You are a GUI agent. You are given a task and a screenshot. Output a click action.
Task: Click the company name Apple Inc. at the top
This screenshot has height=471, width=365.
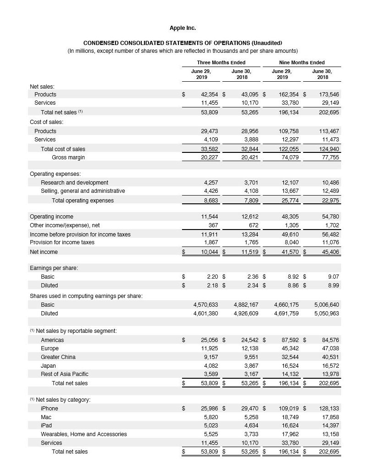point(182,28)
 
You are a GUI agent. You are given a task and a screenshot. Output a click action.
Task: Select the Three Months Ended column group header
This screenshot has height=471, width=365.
point(221,62)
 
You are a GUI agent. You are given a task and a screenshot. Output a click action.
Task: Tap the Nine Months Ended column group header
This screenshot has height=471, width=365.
point(301,62)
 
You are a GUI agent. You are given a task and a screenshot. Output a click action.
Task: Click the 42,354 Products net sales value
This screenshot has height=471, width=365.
point(210,94)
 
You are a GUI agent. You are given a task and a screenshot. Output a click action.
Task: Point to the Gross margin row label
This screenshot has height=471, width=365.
point(68,157)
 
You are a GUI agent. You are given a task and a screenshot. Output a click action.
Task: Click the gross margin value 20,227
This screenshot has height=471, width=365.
point(210,157)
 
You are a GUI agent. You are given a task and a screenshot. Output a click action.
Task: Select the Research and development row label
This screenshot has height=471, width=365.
point(74,182)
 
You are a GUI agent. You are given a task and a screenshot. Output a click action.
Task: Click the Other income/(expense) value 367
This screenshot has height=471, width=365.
point(213,225)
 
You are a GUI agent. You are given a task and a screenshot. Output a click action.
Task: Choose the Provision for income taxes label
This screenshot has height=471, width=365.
point(62,242)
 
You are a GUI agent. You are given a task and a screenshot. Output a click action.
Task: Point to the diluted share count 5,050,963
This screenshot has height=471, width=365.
point(326,313)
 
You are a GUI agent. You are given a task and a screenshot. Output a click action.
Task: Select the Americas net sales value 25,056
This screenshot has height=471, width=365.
point(210,340)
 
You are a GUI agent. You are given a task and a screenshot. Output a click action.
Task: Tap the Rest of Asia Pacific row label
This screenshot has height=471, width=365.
point(65,374)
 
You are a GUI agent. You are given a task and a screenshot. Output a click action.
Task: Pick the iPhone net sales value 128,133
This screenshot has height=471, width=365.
point(328,408)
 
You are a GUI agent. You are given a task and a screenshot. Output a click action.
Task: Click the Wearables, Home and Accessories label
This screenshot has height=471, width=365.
point(84,434)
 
